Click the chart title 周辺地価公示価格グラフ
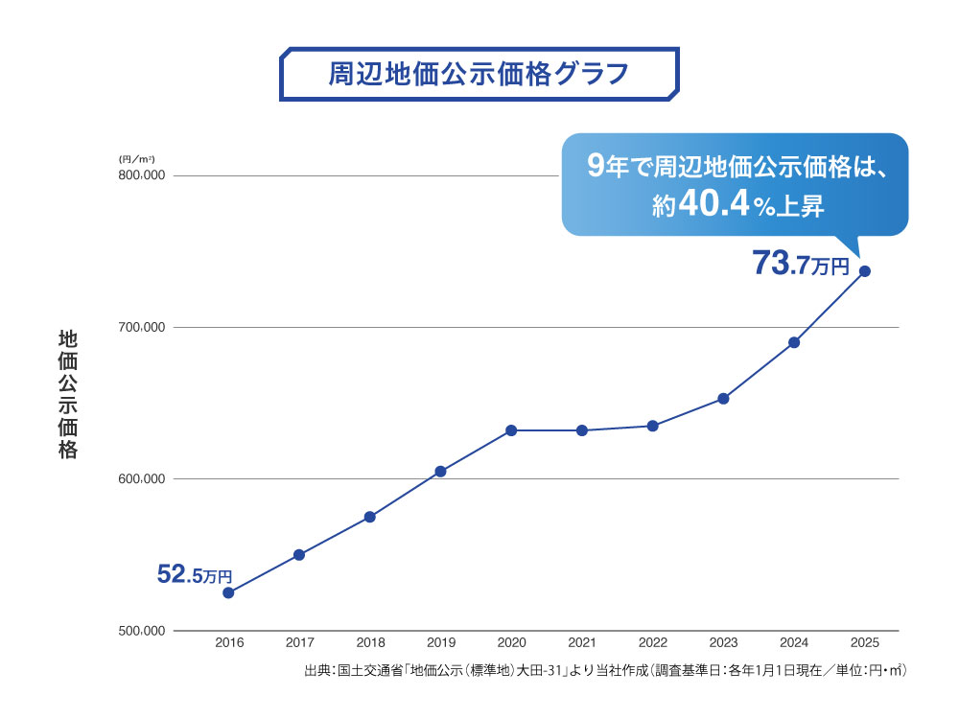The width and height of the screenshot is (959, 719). pos(479,74)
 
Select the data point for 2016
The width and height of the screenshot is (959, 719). pos(228,592)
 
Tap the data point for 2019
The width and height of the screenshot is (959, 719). pos(440,471)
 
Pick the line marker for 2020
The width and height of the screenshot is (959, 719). pos(511,430)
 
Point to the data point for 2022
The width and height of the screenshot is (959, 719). pos(653,426)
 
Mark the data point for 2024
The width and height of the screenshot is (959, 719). pos(794,342)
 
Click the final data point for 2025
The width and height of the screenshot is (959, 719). pos(865,271)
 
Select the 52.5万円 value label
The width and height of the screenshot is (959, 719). pos(195,575)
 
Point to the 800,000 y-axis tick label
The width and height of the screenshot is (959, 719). pos(142,175)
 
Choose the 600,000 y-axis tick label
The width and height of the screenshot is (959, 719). pos(142,479)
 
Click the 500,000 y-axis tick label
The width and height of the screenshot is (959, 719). pos(142,631)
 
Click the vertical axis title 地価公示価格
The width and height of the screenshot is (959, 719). pos(67,394)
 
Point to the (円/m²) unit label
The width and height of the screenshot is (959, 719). pos(136,158)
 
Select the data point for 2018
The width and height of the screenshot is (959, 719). pos(369,517)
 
